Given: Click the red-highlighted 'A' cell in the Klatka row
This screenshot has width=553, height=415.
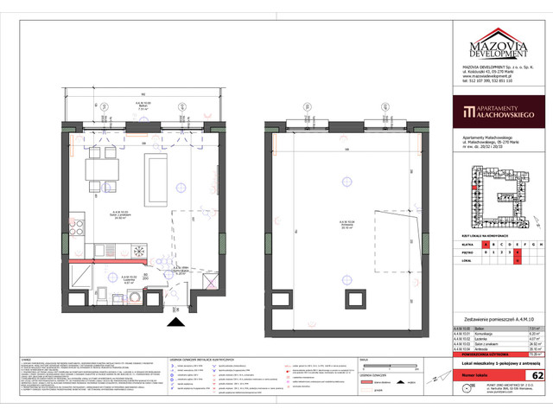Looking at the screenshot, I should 489,246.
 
